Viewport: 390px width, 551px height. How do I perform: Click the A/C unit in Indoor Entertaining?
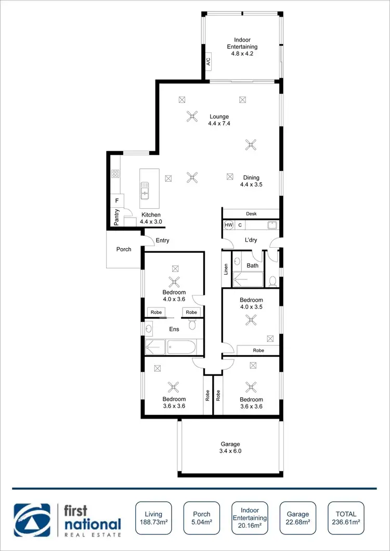208,62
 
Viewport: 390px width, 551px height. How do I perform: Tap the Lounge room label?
219,116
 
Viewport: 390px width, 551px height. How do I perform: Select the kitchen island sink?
145,191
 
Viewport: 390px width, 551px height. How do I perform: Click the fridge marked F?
116,200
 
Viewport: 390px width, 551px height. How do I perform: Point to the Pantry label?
117,216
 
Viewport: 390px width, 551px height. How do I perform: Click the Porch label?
124,249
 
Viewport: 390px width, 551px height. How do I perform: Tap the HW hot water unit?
229,225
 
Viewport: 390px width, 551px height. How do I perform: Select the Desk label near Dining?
252,213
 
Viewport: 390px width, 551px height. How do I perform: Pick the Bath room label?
252,265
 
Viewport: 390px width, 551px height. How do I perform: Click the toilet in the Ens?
192,325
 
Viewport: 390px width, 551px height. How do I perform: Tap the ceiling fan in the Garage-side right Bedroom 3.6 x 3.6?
251,386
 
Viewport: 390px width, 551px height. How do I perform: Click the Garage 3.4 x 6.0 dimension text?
230,451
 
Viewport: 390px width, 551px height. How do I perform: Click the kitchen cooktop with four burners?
115,175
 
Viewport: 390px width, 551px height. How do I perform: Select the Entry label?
162,240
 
